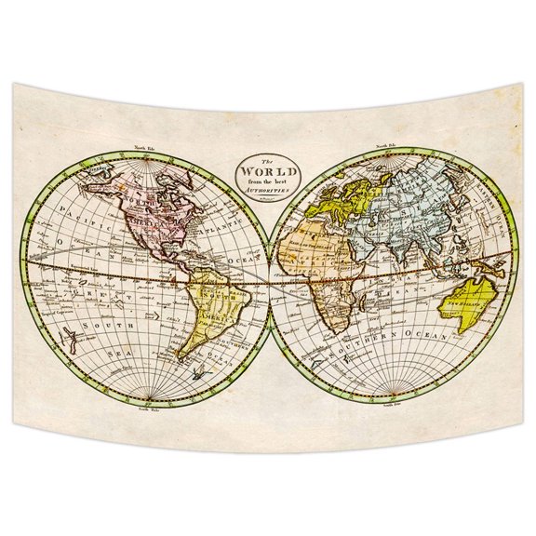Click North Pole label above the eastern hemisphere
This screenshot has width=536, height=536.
pyautogui.click(x=385, y=146)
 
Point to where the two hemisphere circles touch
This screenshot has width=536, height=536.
pyautogui.click(x=269, y=278)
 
